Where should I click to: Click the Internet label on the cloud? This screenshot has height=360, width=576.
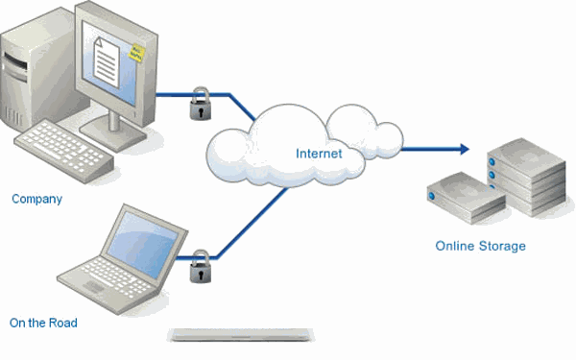[x=319, y=154]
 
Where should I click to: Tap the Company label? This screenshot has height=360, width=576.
[x=36, y=199]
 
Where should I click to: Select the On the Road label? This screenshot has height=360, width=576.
[x=43, y=323]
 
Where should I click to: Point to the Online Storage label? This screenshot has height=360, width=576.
[x=481, y=246]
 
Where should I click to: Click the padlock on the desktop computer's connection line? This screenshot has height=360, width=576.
[x=201, y=104]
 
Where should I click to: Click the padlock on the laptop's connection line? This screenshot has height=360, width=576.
[x=201, y=267]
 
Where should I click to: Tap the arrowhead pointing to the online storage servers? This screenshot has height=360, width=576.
[x=465, y=149]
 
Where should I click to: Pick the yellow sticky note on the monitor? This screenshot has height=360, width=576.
[x=136, y=53]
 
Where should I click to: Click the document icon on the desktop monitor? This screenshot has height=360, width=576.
[x=107, y=62]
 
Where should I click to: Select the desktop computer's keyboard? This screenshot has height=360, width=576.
[x=64, y=150]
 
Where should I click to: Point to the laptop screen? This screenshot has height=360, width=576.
[x=143, y=244]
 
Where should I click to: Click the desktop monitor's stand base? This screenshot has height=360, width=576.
[x=113, y=134]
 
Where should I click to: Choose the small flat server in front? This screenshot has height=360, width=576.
[x=467, y=198]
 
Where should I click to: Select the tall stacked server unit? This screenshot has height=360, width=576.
[x=526, y=177]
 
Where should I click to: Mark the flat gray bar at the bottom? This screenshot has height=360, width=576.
[x=241, y=335]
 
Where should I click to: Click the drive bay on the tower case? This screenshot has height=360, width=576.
[x=15, y=66]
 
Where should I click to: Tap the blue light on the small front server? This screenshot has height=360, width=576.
[x=432, y=196]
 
